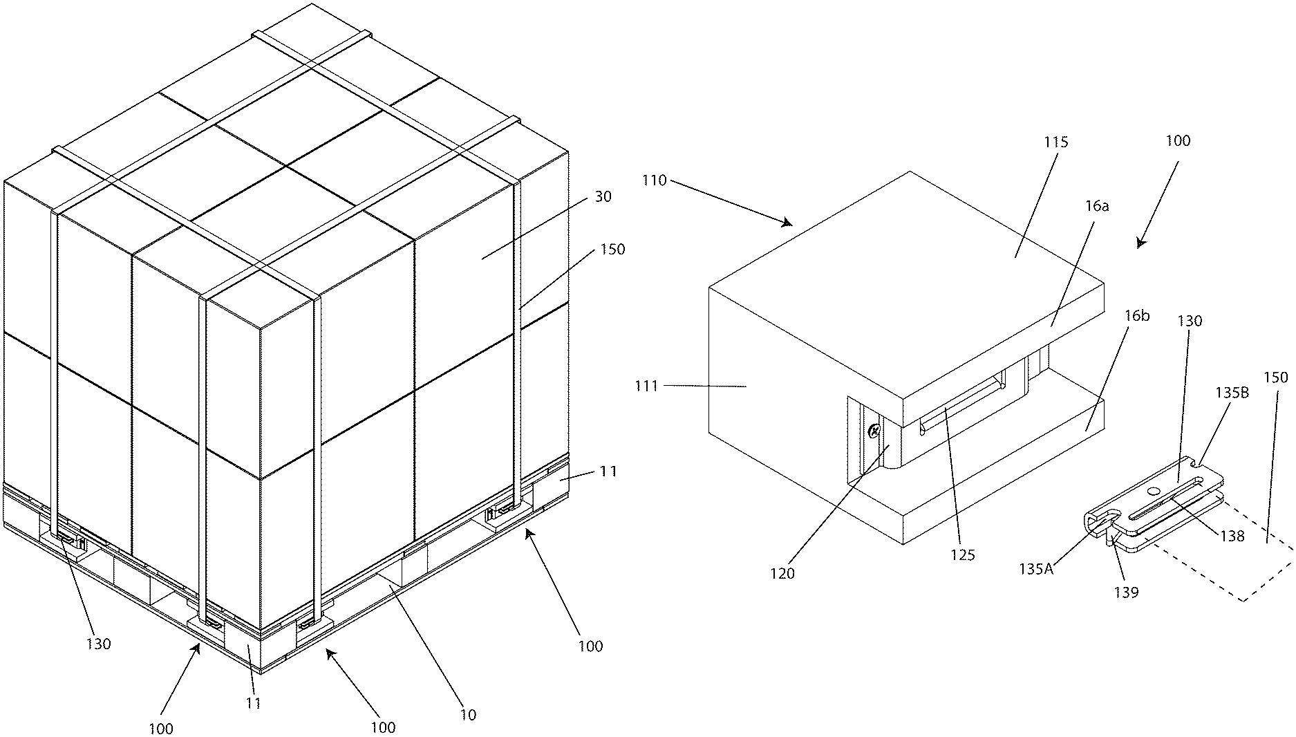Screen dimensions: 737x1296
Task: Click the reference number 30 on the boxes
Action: (x=602, y=197)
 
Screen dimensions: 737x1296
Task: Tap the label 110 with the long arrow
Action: (x=654, y=180)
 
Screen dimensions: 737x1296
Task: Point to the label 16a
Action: (x=1097, y=206)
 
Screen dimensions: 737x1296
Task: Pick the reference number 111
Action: (x=646, y=386)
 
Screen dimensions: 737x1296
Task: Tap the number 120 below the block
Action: (x=782, y=573)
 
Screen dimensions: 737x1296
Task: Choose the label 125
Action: (x=963, y=554)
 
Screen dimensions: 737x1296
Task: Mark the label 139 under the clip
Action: (x=1127, y=592)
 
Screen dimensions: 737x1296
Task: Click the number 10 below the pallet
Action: (x=469, y=715)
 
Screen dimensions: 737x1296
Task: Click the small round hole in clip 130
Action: (x=1152, y=490)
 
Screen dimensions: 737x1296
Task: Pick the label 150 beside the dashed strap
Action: (x=1276, y=377)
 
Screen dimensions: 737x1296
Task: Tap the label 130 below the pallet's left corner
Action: (x=98, y=644)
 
